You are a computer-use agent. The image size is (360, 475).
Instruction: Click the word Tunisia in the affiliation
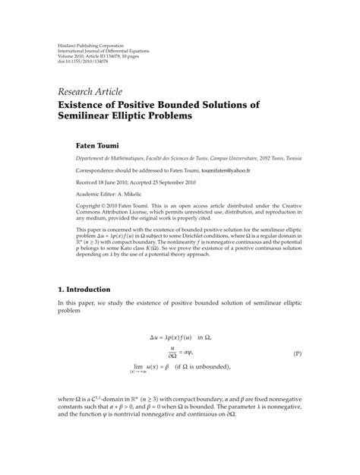289,157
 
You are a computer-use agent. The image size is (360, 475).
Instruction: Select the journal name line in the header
106,53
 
